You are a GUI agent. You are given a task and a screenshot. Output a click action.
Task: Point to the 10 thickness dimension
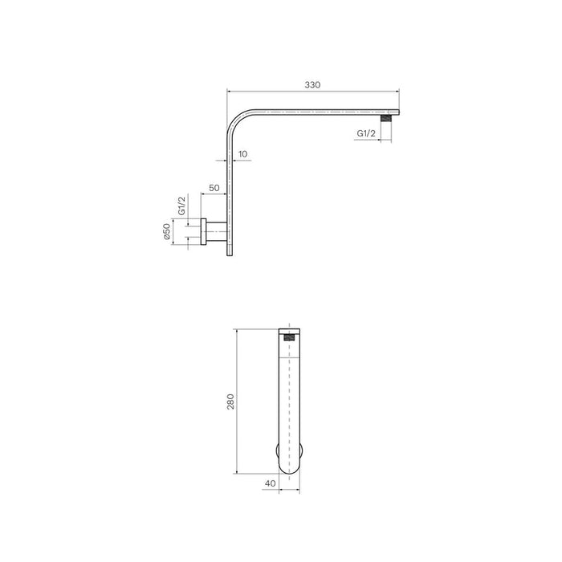242,153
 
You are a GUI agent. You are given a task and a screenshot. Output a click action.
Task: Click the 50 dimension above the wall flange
214,187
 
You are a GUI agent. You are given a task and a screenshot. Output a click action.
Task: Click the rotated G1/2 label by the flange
181,206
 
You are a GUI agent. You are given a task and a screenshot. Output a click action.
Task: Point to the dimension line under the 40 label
287,491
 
